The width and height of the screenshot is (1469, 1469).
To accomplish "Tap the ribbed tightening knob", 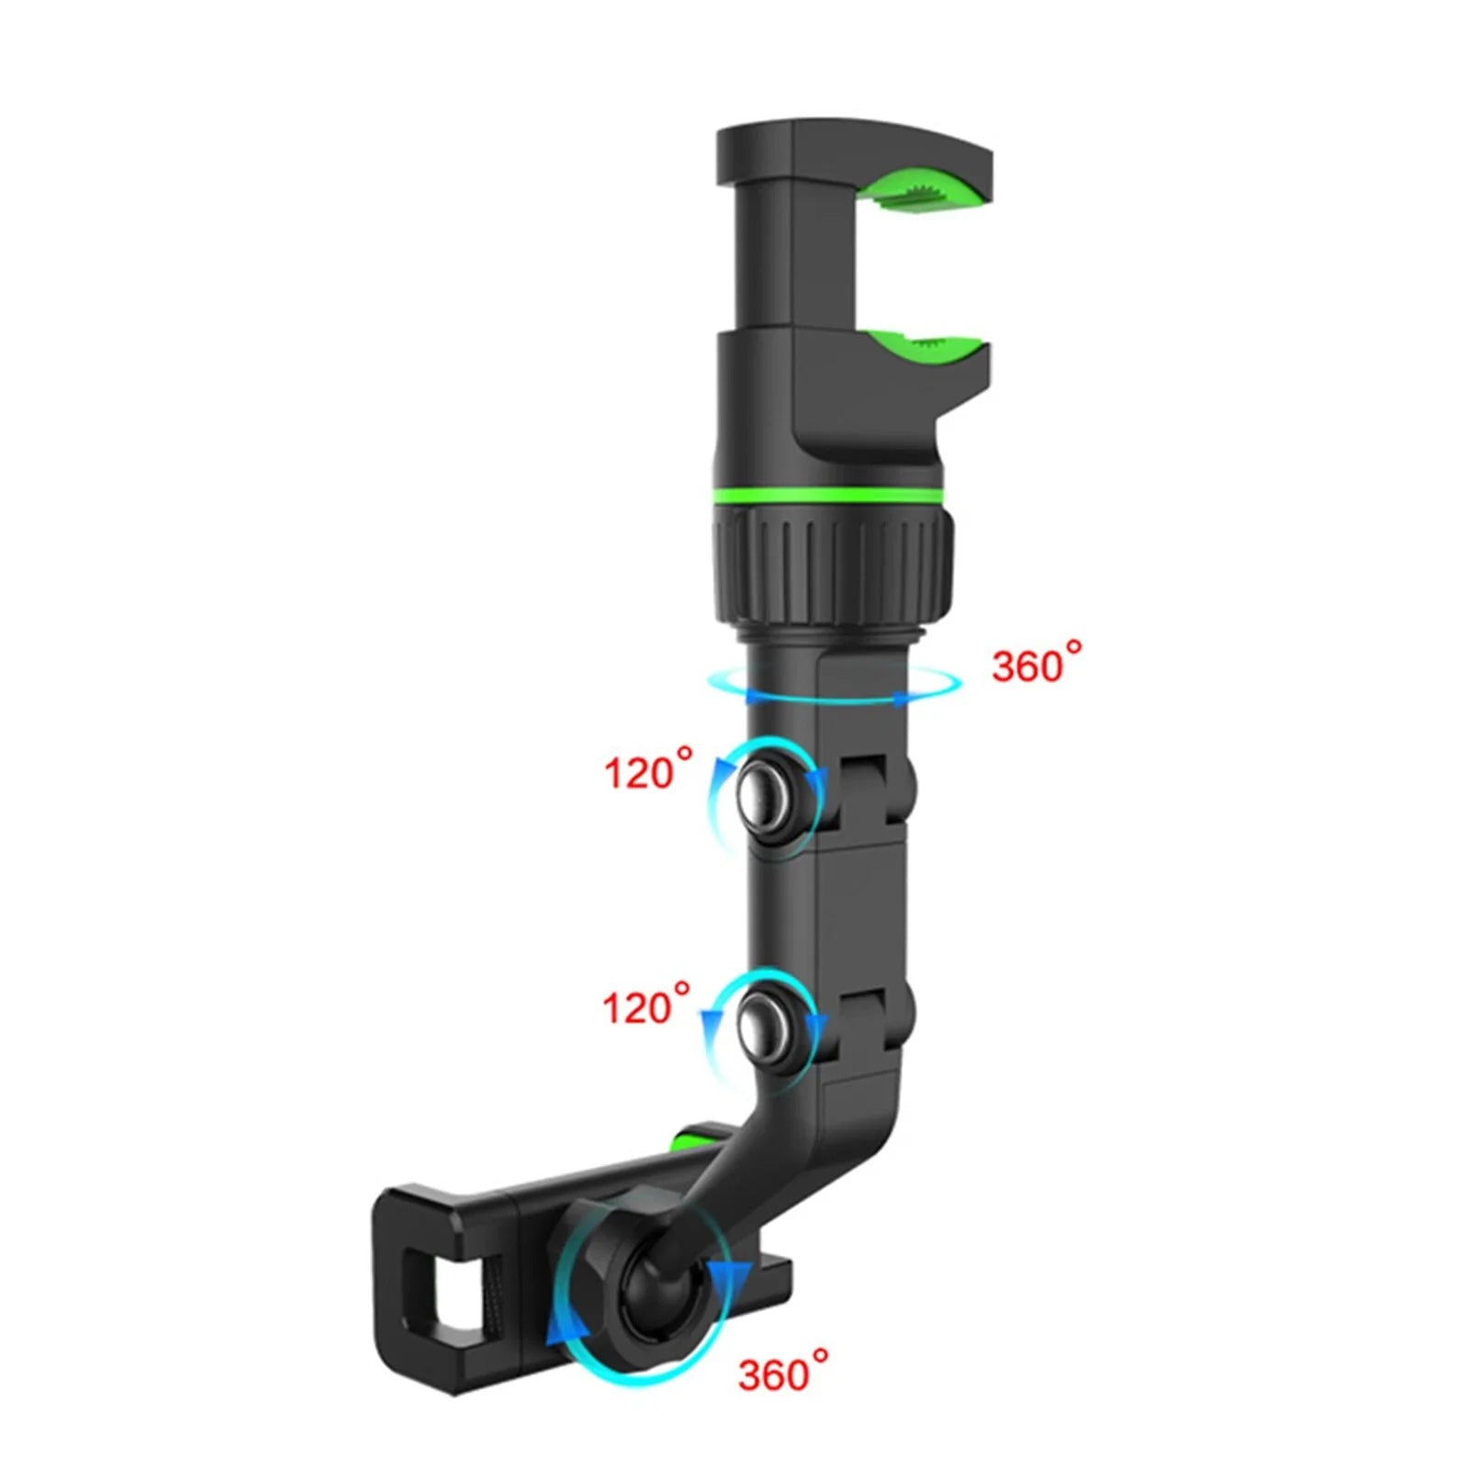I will pyautogui.click(x=832, y=564).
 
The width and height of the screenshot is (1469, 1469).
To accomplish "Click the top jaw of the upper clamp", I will pyautogui.click(x=854, y=151).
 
